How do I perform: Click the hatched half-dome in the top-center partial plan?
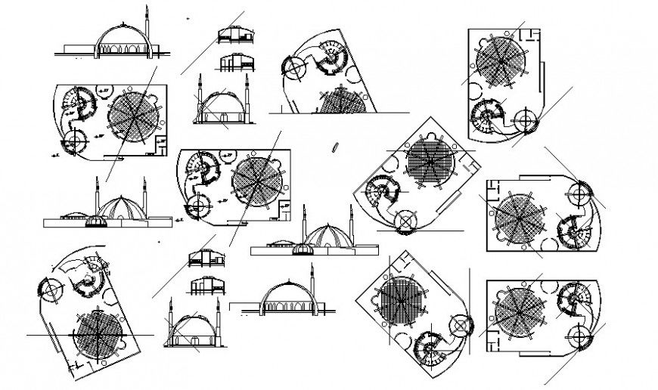click(344, 103)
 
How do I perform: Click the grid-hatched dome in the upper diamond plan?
click(429, 162)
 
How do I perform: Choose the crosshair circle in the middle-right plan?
click(583, 193)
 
